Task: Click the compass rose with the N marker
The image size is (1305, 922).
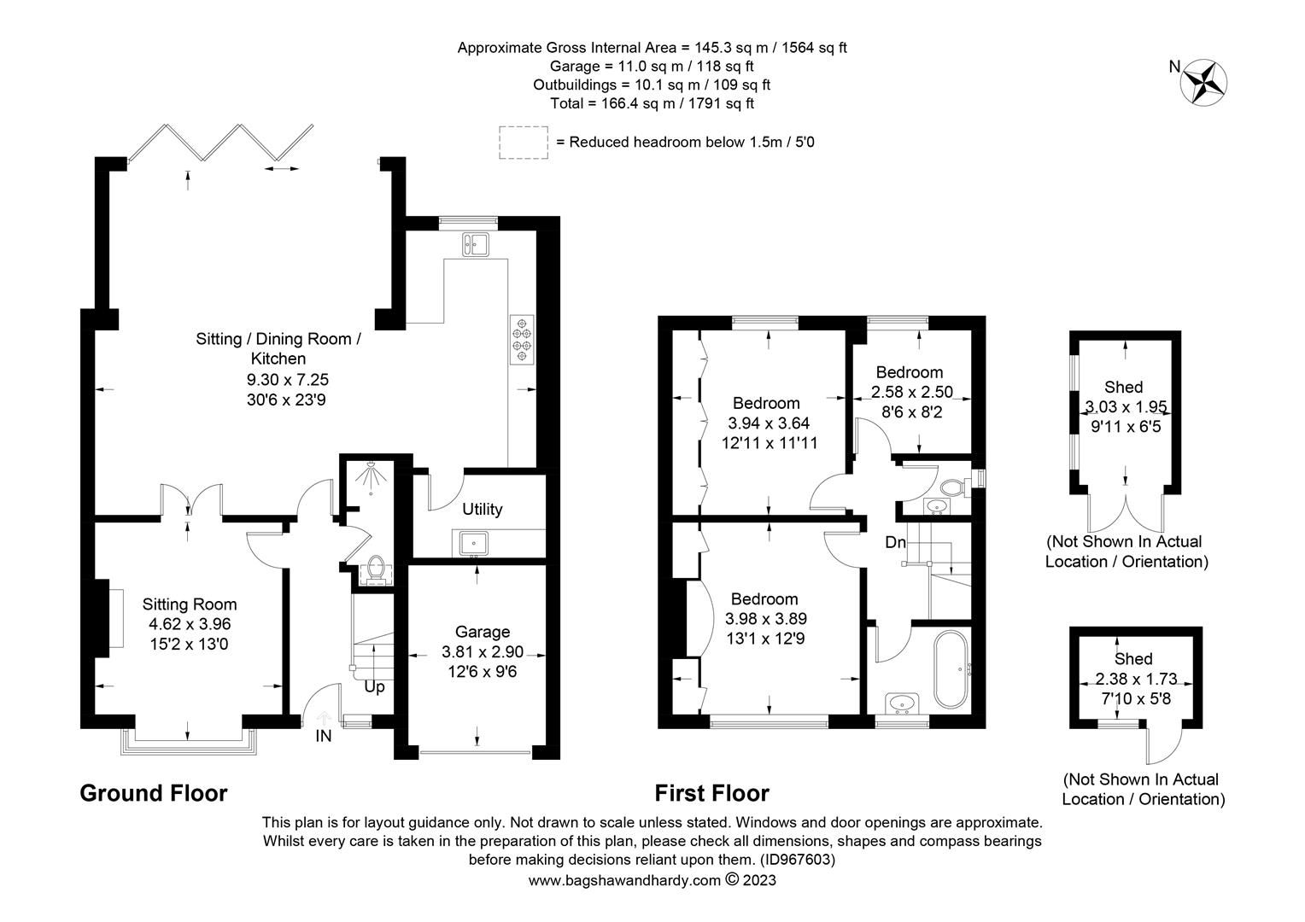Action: pos(1204,82)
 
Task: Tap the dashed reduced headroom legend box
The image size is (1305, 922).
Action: pos(524,142)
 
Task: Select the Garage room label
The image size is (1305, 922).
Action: pos(482,632)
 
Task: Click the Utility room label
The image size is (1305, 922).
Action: pos(482,510)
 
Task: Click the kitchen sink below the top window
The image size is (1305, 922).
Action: pos(474,244)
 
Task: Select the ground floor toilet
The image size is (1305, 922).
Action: pos(374,569)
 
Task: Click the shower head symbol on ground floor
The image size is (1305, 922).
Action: pos(370,475)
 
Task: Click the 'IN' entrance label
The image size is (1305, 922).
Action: pos(323,736)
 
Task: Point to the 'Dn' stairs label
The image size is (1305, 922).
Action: pos(895,542)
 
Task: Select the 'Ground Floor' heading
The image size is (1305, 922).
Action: pos(153,793)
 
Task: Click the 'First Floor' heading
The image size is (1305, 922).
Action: pos(711,793)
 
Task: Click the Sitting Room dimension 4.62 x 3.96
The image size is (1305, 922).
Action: pos(189,624)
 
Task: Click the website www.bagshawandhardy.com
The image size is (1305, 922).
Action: pos(624,880)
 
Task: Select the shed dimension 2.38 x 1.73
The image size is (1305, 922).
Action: pos(1136,679)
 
